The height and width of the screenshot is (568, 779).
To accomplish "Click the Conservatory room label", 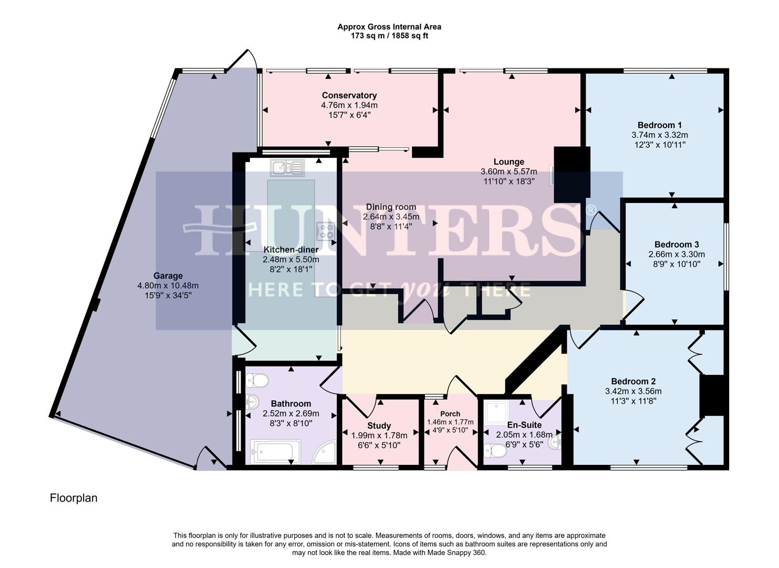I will pyautogui.click(x=349, y=95).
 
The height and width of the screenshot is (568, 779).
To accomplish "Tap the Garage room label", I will pyautogui.click(x=168, y=276).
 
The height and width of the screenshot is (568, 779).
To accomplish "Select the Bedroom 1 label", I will pyautogui.click(x=659, y=125).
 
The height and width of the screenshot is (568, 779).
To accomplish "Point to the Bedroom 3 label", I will pyautogui.click(x=677, y=244).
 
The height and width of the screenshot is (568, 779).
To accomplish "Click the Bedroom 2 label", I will pyautogui.click(x=633, y=381).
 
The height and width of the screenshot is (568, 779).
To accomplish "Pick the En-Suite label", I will pyautogui.click(x=524, y=425).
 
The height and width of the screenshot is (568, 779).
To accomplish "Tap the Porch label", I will pyautogui.click(x=450, y=414).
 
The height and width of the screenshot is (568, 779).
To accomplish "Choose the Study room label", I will pyautogui.click(x=379, y=425).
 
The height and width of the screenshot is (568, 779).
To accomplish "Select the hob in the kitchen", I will pyautogui.click(x=325, y=230).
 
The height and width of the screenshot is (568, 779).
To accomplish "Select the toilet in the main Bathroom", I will pyautogui.click(x=257, y=380).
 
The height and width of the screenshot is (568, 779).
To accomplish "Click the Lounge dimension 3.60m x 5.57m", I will pyautogui.click(x=508, y=171).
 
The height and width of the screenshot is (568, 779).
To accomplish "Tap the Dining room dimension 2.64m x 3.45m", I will pyautogui.click(x=391, y=217).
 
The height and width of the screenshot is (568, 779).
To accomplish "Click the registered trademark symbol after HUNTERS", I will pyautogui.click(x=590, y=210).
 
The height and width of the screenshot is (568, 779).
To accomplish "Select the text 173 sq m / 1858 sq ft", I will pyautogui.click(x=389, y=36).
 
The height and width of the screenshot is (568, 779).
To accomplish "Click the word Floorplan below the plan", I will pyautogui.click(x=74, y=498).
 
